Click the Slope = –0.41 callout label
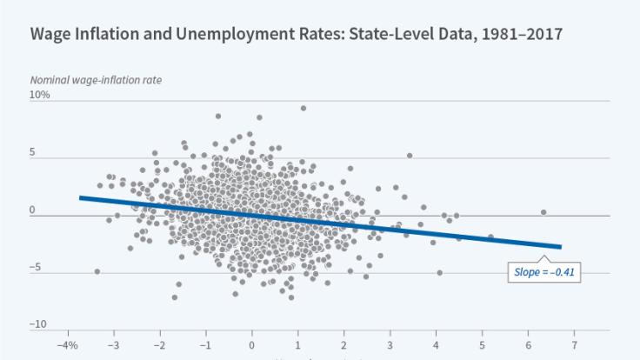544,272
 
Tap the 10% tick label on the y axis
40,96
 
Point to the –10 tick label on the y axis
38,324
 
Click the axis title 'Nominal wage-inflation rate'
96,80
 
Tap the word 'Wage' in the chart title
51,36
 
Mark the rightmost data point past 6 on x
543,212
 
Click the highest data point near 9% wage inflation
303,108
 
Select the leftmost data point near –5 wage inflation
97,271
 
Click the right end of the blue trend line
561,247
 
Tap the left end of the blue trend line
80,197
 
